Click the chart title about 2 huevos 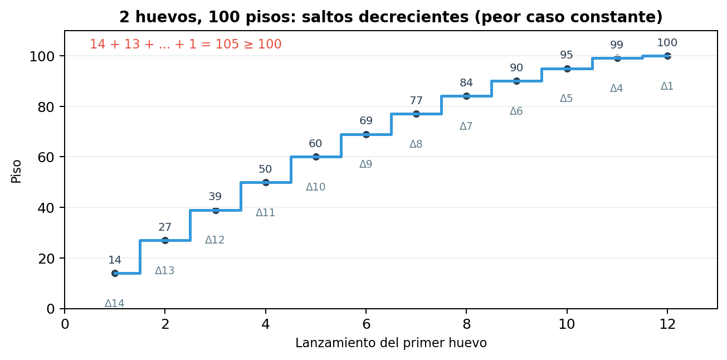click(391, 17)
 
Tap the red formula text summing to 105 click(186, 45)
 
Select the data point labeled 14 click(115, 273)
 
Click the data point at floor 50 click(266, 182)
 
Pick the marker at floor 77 click(416, 114)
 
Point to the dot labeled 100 click(667, 56)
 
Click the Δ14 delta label click(115, 304)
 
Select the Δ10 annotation click(315, 187)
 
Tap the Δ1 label click(667, 86)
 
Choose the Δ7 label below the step click(466, 127)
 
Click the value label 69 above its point click(366, 121)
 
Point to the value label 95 click(567, 55)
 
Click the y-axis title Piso click(17, 171)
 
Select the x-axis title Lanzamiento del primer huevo click(391, 343)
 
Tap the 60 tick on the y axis click(47, 157)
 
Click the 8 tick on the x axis click(466, 324)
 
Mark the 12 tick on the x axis click(667, 324)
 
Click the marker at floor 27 click(165, 240)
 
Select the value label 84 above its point click(466, 83)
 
